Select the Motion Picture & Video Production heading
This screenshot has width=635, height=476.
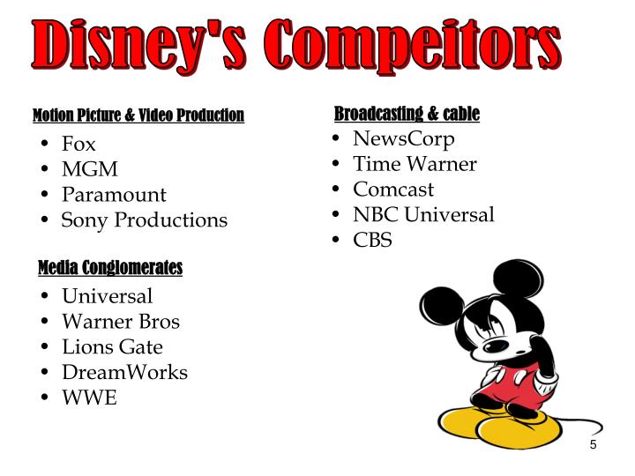[x=138, y=115]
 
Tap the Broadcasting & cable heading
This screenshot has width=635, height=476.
[x=407, y=114]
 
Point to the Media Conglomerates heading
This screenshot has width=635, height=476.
[x=110, y=267]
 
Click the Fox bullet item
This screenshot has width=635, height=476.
[x=78, y=144]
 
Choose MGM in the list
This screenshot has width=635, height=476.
[x=89, y=169]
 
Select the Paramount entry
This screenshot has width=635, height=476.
[x=114, y=195]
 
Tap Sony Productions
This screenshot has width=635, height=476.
[x=144, y=220]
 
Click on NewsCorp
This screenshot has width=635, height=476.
[x=404, y=138]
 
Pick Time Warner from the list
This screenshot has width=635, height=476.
[x=415, y=164]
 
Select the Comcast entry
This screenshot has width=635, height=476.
[x=393, y=190]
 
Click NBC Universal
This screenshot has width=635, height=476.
[x=423, y=214]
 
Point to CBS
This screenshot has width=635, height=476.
[x=372, y=240]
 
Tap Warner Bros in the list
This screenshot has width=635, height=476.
[x=120, y=321]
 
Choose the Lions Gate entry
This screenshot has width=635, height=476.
[x=112, y=346]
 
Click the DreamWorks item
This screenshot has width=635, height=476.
[x=124, y=372]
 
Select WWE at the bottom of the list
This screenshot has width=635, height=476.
[x=88, y=398]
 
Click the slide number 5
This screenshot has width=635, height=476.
[x=594, y=445]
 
